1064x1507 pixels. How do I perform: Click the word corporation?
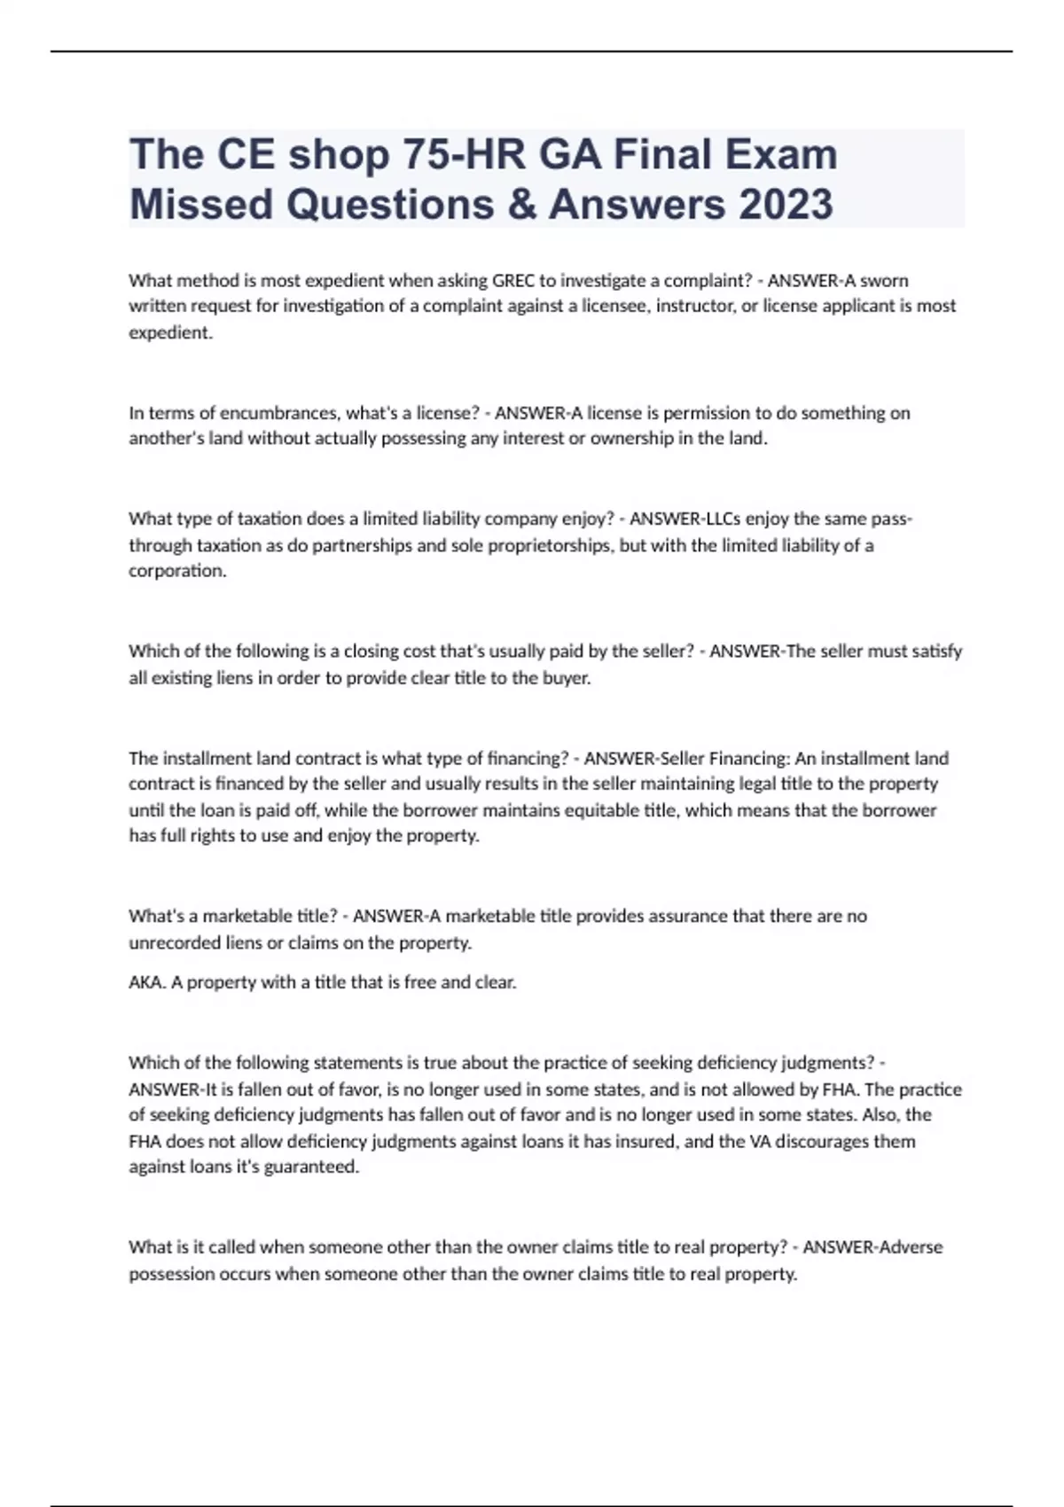click(x=177, y=571)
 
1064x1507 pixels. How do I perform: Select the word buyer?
click(x=566, y=678)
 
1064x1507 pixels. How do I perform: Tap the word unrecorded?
click(x=175, y=943)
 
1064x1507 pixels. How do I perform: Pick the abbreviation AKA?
click(x=146, y=982)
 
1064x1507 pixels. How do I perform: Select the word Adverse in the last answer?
click(x=910, y=1247)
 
